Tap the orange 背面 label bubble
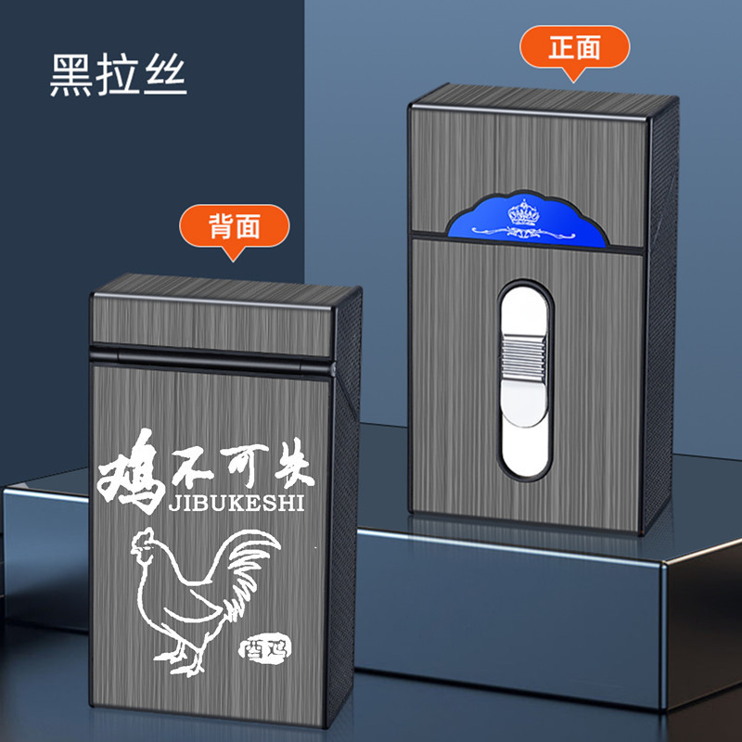coord(235,225)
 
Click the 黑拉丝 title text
coord(118,77)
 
